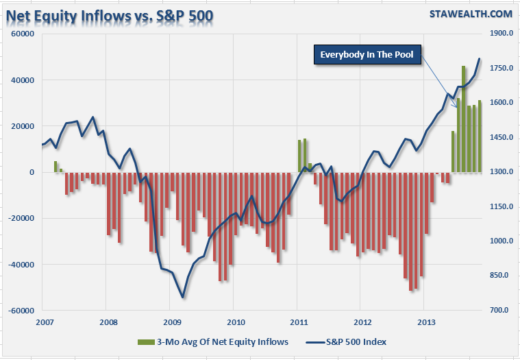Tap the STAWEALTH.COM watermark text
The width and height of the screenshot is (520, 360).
pyautogui.click(x=471, y=14)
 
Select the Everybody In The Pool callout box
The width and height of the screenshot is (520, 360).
pyautogui.click(x=369, y=55)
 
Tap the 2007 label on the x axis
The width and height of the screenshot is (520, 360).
pyautogui.click(x=45, y=322)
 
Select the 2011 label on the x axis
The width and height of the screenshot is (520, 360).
pyautogui.click(x=299, y=322)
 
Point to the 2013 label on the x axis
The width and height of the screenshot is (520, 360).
pyautogui.click(x=426, y=322)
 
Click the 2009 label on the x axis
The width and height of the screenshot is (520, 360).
pyautogui.click(x=172, y=322)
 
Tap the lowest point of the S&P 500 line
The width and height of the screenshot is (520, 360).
pyautogui.click(x=183, y=298)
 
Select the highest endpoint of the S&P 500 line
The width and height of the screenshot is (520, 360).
pyautogui.click(x=480, y=59)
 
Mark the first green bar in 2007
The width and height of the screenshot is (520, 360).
pyautogui.click(x=55, y=167)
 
